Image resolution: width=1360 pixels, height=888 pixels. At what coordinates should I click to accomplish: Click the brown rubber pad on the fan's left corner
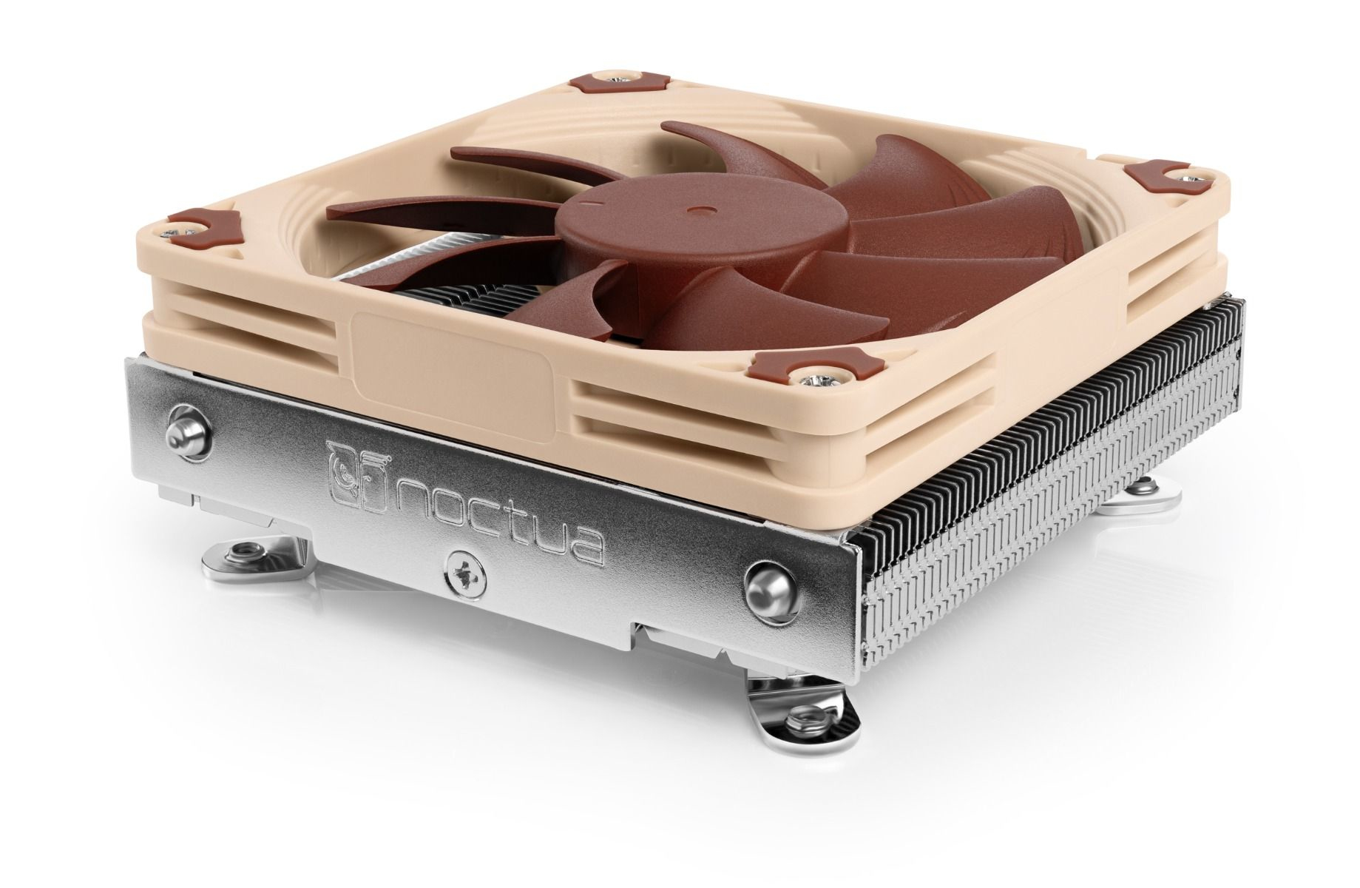click(x=201, y=222)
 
